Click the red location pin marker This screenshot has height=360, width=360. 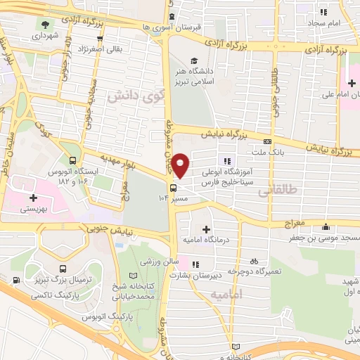(181, 166)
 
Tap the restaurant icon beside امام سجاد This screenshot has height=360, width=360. (323, 13)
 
